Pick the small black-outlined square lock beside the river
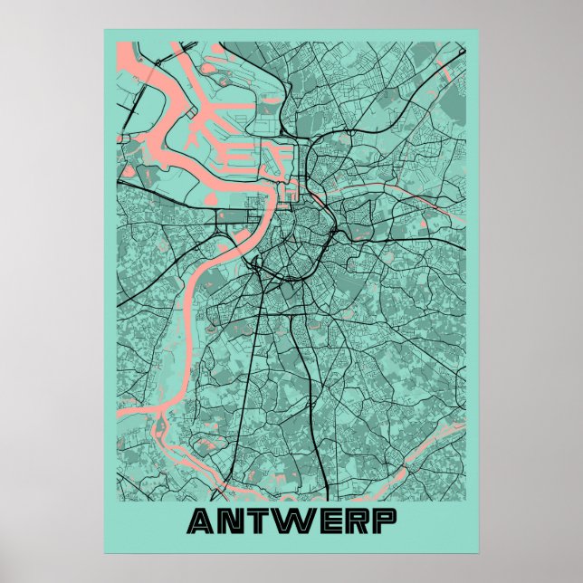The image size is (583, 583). pyautogui.click(x=290, y=191)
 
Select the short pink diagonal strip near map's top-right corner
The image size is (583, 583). pyautogui.click(x=443, y=68)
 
